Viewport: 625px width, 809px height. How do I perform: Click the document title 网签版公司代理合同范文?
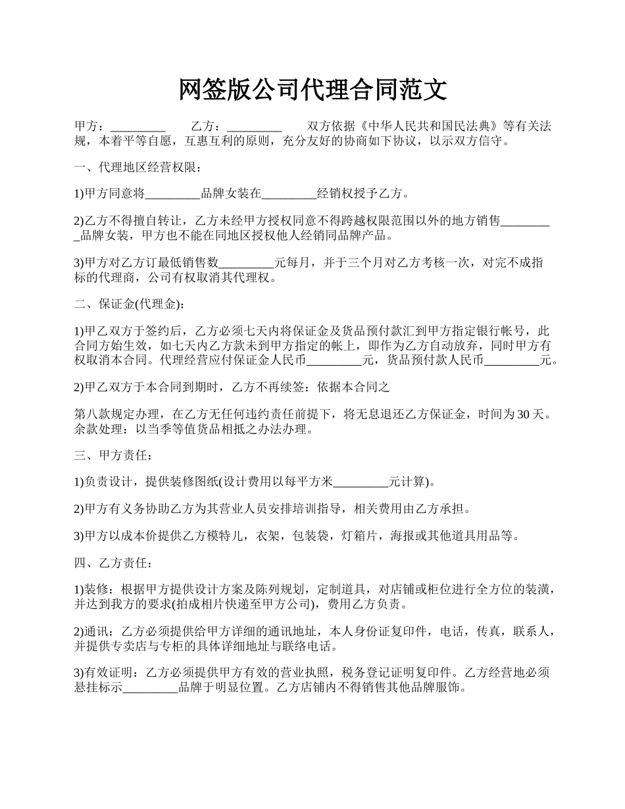coord(312,90)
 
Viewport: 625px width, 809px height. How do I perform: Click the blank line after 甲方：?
coord(137,127)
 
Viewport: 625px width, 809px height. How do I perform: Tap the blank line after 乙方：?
coord(254,127)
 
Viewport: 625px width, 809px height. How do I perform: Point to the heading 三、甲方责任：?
coord(114,454)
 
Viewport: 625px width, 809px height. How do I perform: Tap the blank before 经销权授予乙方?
coord(289,194)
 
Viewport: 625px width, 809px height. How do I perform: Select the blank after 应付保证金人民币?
coord(335,360)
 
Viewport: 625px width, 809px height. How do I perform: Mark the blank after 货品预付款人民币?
coord(512,360)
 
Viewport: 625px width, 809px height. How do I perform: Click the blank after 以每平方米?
coord(361,482)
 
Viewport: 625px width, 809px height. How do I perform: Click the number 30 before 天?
coord(524,414)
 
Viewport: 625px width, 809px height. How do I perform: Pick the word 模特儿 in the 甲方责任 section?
coord(226,535)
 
